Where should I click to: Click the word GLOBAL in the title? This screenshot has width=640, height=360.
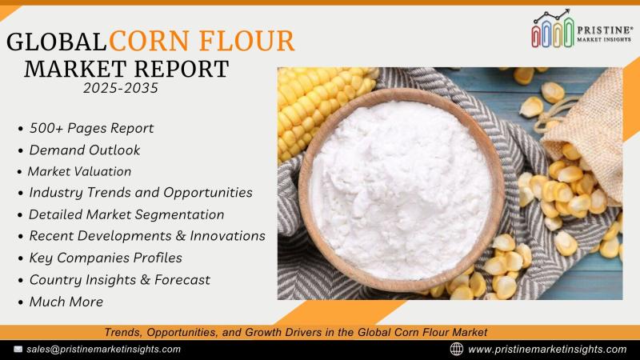pyautogui.click(x=57, y=42)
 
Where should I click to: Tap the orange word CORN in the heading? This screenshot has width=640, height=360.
pyautogui.click(x=150, y=41)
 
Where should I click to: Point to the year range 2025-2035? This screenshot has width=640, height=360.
pyautogui.click(x=121, y=88)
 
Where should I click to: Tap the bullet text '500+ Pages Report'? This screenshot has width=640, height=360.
pyautogui.click(x=91, y=128)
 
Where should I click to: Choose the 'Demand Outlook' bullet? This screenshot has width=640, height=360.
pyautogui.click(x=85, y=150)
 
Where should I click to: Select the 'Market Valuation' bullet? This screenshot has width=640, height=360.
pyautogui.click(x=79, y=171)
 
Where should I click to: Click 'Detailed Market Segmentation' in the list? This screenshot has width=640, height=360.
pyautogui.click(x=126, y=214)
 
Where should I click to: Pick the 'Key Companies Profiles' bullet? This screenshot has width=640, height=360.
pyautogui.click(x=106, y=258)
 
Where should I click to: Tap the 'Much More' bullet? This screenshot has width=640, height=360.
pyautogui.click(x=66, y=302)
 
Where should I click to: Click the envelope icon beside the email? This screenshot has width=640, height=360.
pyautogui.click(x=18, y=350)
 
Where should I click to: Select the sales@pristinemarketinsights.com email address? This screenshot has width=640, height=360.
pyautogui.click(x=104, y=350)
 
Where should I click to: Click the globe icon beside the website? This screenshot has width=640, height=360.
pyautogui.click(x=456, y=349)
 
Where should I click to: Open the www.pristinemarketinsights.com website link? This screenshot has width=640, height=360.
pyautogui.click(x=547, y=350)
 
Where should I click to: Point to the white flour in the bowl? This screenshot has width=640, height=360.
pyautogui.click(x=400, y=190)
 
